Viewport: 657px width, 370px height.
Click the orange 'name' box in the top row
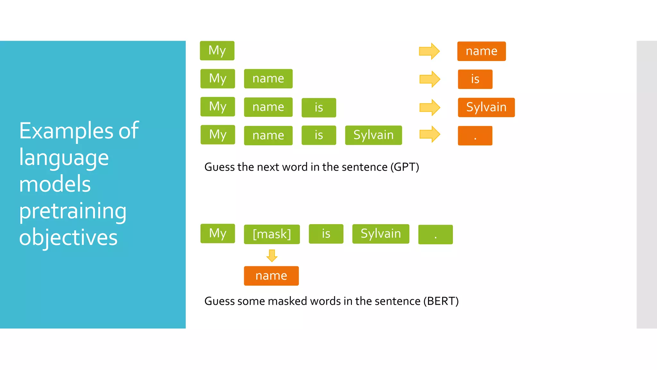click(x=481, y=51)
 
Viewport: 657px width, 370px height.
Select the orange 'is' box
click(x=475, y=79)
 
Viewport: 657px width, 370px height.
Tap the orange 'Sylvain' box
click(x=486, y=107)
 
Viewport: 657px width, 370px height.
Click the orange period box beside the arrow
click(x=475, y=136)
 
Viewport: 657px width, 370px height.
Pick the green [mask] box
click(x=272, y=234)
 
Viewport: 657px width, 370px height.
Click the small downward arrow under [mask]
click(x=272, y=256)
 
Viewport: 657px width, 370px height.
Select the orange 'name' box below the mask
click(x=271, y=276)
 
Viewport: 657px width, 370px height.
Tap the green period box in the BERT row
click(x=435, y=234)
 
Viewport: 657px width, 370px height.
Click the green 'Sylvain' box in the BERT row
click(x=380, y=234)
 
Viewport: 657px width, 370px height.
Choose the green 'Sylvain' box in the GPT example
click(x=373, y=135)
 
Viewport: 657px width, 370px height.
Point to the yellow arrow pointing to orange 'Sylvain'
click(x=430, y=107)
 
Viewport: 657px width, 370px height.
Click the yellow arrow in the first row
click(x=429, y=51)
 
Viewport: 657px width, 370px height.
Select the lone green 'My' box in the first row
click(x=217, y=51)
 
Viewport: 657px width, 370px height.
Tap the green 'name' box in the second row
click(x=268, y=79)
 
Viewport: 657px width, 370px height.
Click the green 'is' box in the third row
click(x=319, y=108)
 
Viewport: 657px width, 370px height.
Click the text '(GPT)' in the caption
click(x=405, y=167)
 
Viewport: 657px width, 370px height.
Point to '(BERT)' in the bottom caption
click(x=441, y=301)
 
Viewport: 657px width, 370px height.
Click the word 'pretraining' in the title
click(x=73, y=211)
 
